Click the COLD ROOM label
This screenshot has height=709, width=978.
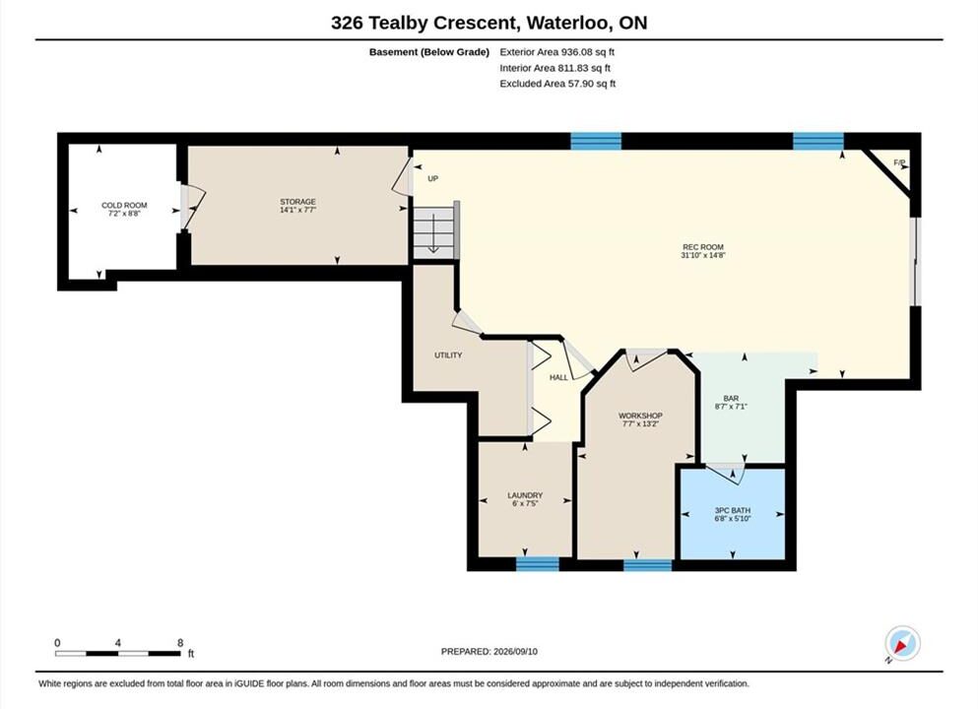tap(124, 205)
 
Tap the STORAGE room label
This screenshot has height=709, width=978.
tap(297, 202)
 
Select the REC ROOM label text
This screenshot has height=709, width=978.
tap(703, 247)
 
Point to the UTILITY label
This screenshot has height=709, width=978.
tap(448, 354)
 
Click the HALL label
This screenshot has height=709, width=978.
tap(558, 377)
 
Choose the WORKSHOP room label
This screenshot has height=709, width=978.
tap(640, 416)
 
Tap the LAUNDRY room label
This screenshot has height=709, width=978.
tap(525, 495)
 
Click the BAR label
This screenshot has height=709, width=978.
tap(731, 398)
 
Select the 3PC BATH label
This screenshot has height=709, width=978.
tap(733, 510)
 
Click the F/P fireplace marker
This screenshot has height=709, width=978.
tap(899, 162)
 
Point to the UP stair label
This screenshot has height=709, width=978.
tap(433, 178)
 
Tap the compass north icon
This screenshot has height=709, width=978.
tap(902, 644)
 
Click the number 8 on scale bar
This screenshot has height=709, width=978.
tap(180, 643)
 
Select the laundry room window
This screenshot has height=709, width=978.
tap(538, 563)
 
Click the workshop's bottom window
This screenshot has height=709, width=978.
tap(648, 565)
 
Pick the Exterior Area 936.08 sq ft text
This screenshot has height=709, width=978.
tap(557, 52)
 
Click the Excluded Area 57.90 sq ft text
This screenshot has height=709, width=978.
tap(557, 83)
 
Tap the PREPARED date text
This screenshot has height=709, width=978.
tap(489, 651)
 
